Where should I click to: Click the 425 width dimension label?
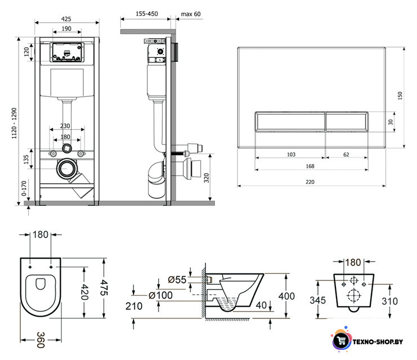(x=66, y=19)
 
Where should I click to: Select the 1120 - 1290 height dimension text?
(x=14, y=123)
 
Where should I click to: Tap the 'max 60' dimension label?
(x=191, y=14)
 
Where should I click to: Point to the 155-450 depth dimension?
(x=147, y=13)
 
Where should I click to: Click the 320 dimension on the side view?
(x=207, y=178)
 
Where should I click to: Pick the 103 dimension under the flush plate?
(x=291, y=155)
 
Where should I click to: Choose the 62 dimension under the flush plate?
(x=346, y=155)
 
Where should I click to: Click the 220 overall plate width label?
(x=310, y=182)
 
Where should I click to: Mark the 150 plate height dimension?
(x=400, y=96)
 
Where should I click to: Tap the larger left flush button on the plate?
(x=290, y=121)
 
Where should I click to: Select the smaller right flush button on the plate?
(x=347, y=121)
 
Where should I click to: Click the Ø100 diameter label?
(x=160, y=295)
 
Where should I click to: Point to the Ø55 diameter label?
(x=177, y=280)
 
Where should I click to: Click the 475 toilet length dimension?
(x=104, y=287)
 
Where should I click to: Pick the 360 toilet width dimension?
(x=41, y=340)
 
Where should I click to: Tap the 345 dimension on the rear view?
(x=318, y=300)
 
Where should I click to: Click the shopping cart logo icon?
(x=341, y=340)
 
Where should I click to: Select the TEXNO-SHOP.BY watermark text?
(x=378, y=341)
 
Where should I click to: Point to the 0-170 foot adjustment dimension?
(x=24, y=188)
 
